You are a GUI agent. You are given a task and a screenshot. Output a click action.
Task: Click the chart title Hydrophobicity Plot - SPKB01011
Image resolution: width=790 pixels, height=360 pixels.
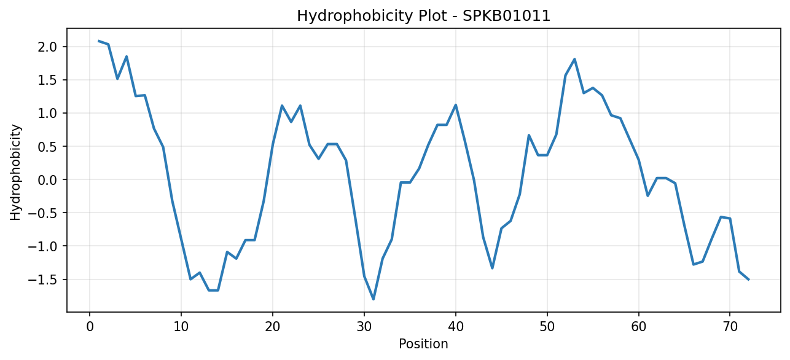coord(424,16)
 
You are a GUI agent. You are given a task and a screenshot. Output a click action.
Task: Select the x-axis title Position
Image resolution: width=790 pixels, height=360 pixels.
coord(423,344)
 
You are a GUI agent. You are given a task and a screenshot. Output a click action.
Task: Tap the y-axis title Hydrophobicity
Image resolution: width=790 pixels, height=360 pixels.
coord(15,173)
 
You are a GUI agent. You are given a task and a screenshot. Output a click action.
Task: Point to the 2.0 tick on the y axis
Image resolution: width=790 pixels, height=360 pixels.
coord(47,47)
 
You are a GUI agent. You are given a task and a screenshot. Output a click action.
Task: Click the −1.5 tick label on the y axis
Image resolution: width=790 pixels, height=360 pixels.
coord(42,280)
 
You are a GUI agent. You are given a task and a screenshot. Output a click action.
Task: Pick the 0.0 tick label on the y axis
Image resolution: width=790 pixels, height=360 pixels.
coord(47,180)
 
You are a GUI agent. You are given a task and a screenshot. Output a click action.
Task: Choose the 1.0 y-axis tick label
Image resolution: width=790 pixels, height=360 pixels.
coord(47,113)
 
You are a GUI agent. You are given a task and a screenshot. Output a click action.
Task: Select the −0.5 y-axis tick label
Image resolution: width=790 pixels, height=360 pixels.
coord(42,213)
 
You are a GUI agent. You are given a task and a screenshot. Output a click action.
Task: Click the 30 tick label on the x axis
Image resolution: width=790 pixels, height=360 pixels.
coord(364,327)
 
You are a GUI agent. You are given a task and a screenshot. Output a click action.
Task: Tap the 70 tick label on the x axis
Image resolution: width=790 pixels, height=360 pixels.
coord(730,327)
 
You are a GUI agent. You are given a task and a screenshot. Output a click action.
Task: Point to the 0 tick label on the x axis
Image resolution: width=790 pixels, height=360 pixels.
coord(90,327)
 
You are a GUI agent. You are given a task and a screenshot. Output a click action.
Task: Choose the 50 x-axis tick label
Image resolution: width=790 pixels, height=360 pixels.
coord(547,327)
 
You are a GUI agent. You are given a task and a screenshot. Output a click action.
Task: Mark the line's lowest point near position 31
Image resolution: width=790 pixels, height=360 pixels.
coord(373,299)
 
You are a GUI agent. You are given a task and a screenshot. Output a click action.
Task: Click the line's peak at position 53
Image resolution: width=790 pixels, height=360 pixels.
coord(574,59)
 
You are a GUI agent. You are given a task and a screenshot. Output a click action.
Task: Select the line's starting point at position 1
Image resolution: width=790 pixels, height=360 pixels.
coord(99,41)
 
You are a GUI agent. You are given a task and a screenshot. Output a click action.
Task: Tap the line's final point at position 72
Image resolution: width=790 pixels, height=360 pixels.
coord(748,280)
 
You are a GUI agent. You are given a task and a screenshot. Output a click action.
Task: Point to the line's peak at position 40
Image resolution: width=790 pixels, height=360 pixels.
coord(456,104)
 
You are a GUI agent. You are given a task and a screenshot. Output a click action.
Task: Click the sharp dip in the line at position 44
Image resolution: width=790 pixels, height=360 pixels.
coord(492,268)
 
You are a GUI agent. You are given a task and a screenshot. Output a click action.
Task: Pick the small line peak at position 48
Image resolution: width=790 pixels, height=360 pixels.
coord(529,135)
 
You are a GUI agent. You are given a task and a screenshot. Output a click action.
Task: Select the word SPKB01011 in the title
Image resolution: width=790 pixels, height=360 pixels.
coord(506,16)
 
